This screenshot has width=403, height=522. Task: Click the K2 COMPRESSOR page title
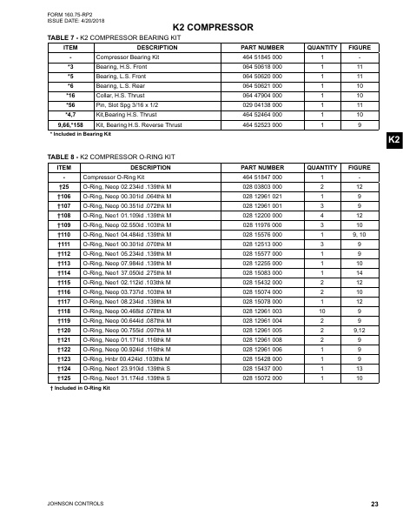point(201,28)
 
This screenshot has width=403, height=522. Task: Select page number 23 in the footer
point(373,504)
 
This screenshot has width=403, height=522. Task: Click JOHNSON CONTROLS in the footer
point(59,504)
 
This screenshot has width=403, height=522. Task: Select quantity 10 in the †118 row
point(322,310)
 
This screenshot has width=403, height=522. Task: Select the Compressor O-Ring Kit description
point(117,176)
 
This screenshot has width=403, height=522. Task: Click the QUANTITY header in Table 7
point(322,46)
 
